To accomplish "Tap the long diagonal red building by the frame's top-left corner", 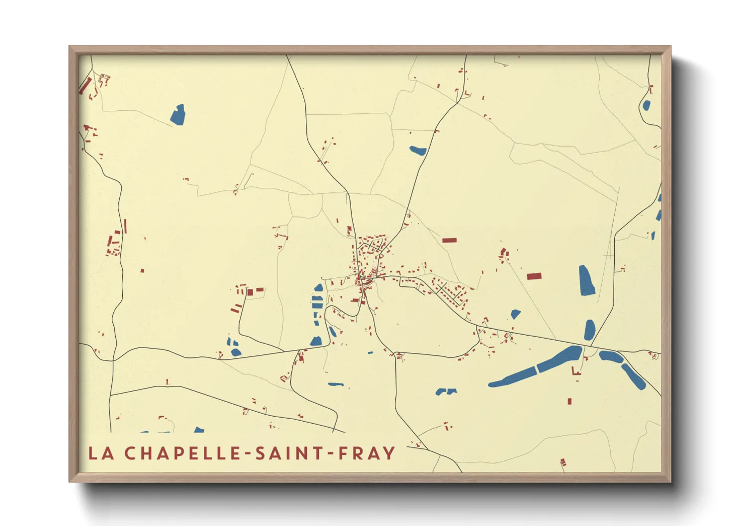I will click(x=85, y=85).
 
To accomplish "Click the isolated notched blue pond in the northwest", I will click(x=178, y=114).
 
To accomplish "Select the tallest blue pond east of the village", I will click(x=586, y=280).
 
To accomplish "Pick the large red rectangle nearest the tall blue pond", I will click(x=534, y=276).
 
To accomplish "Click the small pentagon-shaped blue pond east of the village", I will click(x=516, y=314).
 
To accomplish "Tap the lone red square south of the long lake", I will click(x=569, y=401).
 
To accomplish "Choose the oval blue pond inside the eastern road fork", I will click(x=590, y=329).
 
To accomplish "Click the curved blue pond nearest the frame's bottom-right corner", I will click(x=633, y=376).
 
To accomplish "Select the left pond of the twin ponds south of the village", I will click(x=441, y=392).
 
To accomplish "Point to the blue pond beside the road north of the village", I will click(x=418, y=150).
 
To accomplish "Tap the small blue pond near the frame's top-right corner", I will click(x=646, y=105).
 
